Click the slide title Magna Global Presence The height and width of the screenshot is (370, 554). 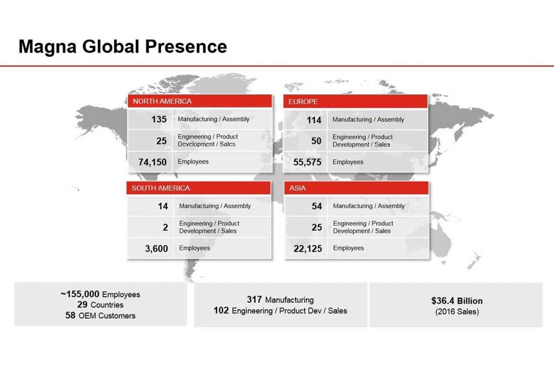point(122,47)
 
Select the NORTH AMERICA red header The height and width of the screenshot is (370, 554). point(200,101)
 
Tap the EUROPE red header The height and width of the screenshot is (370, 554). point(355,101)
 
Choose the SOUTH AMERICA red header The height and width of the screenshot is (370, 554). point(199,188)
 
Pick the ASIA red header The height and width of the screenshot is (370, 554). point(356,188)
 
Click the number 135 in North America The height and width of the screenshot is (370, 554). point(159,119)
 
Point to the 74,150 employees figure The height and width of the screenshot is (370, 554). point(152,162)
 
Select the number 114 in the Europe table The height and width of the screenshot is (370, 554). point(314,120)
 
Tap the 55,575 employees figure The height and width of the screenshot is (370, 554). point(307,162)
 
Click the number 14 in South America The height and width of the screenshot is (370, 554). point(163,206)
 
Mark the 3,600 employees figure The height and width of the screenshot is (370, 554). point(156,249)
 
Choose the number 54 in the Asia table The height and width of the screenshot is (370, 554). point(317,206)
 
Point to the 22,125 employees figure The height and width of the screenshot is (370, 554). point(308,249)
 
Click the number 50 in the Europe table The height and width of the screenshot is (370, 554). point(316,141)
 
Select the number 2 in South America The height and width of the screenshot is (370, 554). point(166,228)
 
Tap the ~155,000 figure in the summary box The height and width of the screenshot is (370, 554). point(80,294)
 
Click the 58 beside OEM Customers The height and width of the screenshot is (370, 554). point(70,315)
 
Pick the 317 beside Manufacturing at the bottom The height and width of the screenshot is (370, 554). point(254,300)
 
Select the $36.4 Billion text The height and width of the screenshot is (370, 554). point(457,301)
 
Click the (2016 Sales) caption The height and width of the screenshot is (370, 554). point(457,311)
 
